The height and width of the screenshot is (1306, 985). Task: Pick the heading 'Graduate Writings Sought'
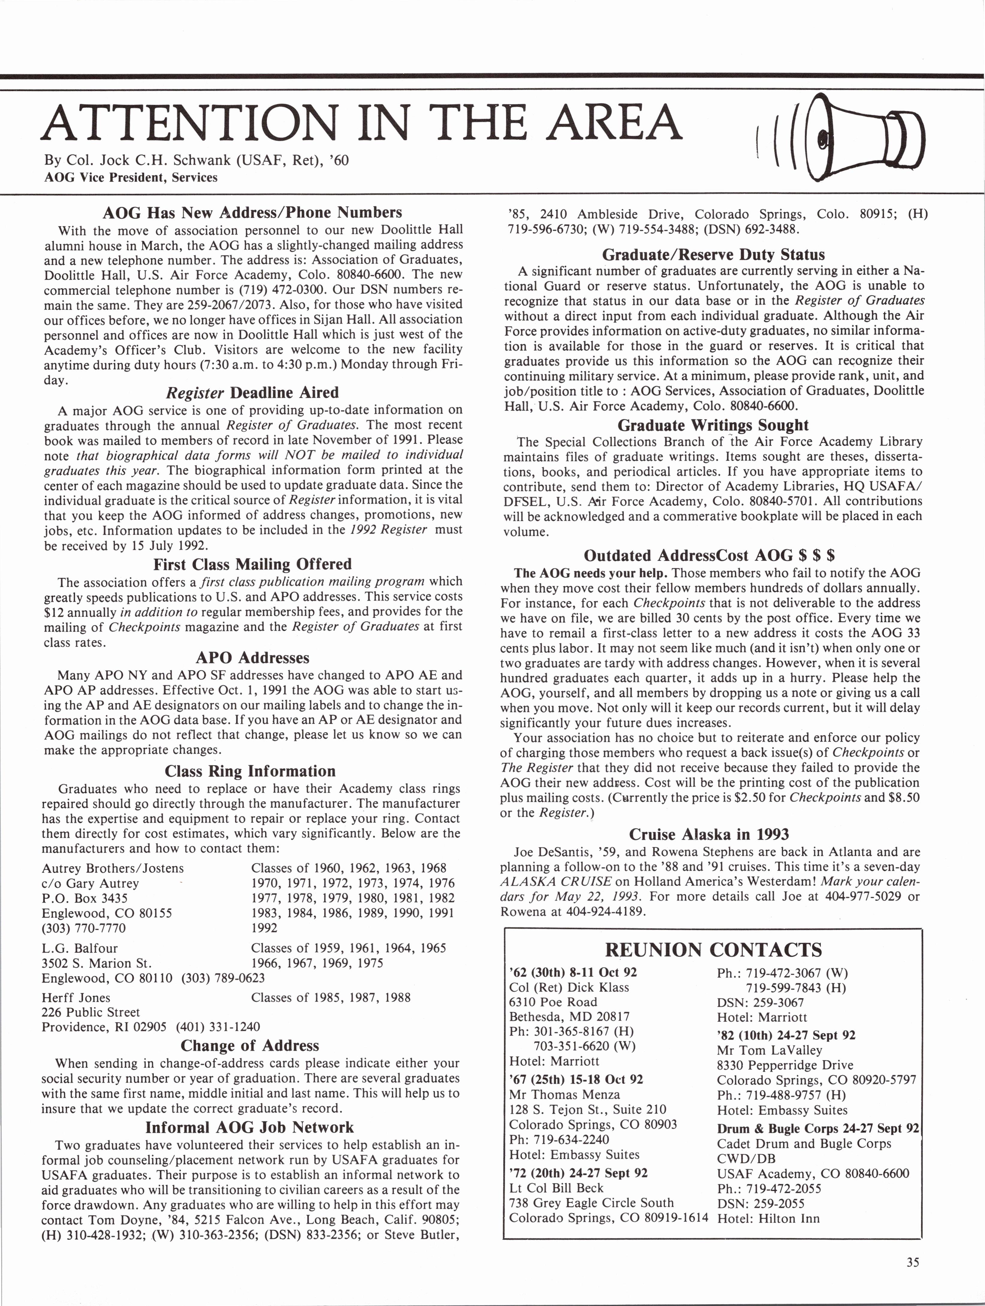[712, 425]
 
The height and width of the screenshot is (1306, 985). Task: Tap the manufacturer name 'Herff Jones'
[76, 997]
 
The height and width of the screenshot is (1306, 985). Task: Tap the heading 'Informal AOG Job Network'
[249, 1127]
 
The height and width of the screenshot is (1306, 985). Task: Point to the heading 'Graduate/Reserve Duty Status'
[713, 255]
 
